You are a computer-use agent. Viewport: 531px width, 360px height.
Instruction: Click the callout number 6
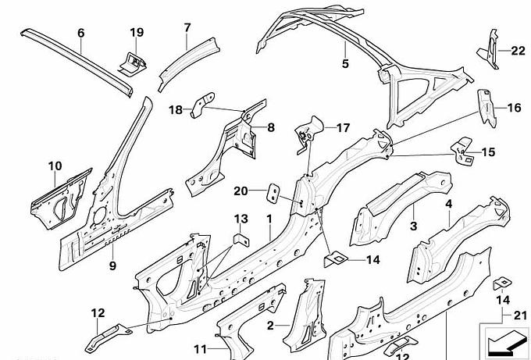(80, 33)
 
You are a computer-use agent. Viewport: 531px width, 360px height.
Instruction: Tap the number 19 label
(137, 32)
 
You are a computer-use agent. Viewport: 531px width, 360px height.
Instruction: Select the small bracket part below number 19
(133, 64)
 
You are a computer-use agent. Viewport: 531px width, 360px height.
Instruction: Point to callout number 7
(187, 28)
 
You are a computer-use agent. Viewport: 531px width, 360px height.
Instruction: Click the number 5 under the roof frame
(345, 63)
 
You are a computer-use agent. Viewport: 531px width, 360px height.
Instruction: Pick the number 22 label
(518, 51)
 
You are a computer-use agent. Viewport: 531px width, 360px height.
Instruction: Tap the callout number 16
(514, 108)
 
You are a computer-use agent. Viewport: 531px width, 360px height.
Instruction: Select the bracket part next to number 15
(462, 151)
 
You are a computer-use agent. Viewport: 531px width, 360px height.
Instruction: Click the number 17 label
(343, 128)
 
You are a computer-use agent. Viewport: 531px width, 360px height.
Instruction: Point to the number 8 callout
(271, 127)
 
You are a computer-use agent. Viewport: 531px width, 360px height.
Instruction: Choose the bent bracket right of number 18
(203, 105)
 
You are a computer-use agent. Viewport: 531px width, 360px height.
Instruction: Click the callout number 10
(55, 166)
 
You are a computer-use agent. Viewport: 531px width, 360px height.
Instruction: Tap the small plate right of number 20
(273, 193)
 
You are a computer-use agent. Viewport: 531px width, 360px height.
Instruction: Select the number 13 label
(241, 219)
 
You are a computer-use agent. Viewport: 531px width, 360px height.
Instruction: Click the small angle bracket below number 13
(241, 239)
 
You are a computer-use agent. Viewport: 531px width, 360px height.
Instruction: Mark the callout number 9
(112, 266)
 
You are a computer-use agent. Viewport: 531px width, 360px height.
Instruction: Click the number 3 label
(414, 226)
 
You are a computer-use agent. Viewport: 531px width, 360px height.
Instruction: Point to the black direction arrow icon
(504, 341)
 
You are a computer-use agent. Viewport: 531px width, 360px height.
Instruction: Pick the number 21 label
(521, 315)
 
